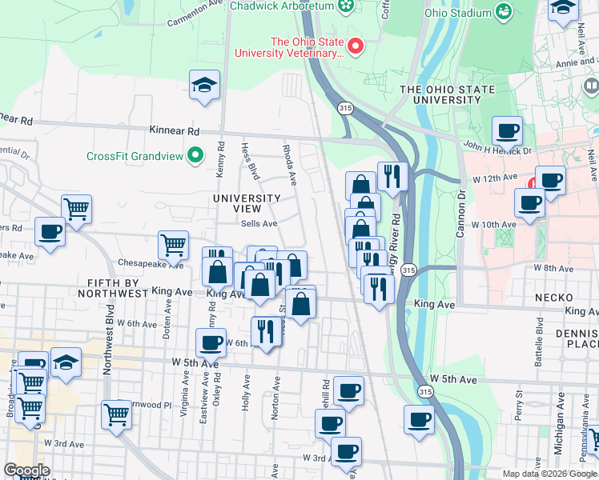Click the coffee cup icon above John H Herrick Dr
click(506, 130)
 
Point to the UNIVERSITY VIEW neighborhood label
click(247, 203)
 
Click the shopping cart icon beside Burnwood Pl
click(117, 414)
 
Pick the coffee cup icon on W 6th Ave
click(211, 343)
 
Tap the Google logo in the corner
click(26, 470)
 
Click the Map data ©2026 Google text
click(549, 474)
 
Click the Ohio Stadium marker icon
click(504, 12)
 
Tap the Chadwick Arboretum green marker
click(346, 6)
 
